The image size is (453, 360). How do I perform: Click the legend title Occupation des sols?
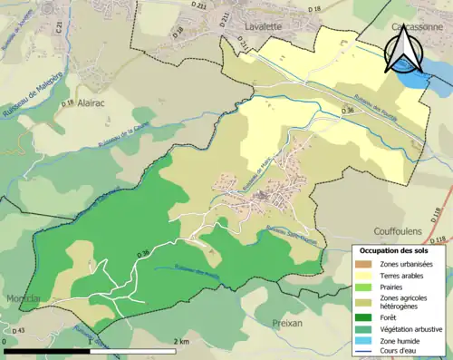pyautogui.click(x=395, y=250)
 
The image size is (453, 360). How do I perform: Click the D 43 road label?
pyautogui.click(x=19, y=329)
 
